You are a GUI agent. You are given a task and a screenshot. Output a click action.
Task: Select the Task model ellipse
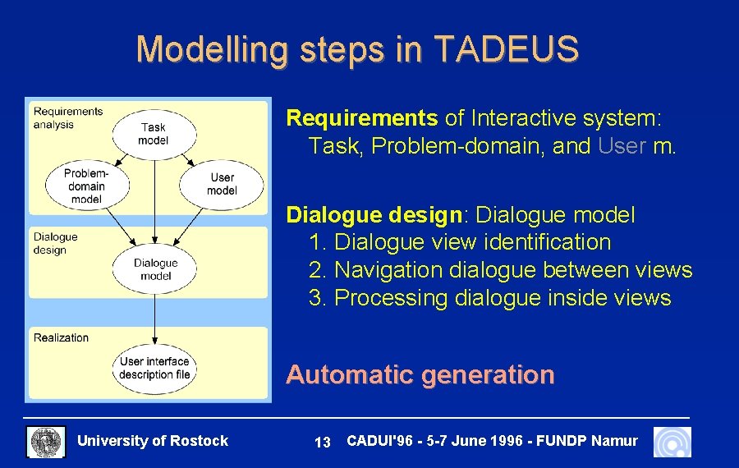tap(154, 134)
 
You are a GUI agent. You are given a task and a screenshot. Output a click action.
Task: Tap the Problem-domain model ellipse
tap(86, 186)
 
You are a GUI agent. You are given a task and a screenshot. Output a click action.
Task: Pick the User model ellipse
tap(222, 184)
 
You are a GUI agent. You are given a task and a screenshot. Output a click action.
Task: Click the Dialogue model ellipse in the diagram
tap(154, 269)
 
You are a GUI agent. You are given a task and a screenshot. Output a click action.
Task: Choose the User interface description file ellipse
tap(154, 368)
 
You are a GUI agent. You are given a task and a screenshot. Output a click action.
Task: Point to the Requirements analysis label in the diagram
tap(68, 118)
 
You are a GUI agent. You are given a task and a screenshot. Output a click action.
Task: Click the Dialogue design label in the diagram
tap(56, 243)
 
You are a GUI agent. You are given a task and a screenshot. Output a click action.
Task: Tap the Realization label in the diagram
tap(61, 337)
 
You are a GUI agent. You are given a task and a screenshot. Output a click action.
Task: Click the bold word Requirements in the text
tap(361, 118)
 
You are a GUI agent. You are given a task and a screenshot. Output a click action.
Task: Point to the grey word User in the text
tap(622, 146)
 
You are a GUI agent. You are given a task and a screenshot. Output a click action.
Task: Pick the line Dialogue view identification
tap(460, 242)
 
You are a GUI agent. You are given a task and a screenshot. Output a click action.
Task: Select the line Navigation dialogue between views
tap(500, 270)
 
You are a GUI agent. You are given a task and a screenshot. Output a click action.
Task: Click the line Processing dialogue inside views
tap(489, 298)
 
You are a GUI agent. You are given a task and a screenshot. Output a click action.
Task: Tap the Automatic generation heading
tap(420, 375)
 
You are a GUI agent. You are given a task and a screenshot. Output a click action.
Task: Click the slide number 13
tap(323, 443)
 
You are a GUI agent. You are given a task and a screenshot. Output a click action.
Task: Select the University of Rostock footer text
tap(152, 441)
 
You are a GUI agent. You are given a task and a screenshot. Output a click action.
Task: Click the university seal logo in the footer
tap(47, 442)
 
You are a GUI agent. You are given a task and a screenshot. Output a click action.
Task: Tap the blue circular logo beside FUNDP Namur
tap(672, 442)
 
